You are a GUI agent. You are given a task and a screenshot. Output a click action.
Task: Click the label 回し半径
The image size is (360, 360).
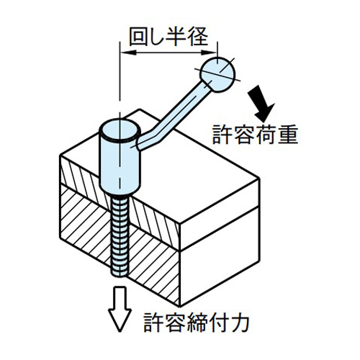click(x=168, y=37)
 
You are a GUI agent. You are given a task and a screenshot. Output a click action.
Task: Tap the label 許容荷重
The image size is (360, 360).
click(x=255, y=135)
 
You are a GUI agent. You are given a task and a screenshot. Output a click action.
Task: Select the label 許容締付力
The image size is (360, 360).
click(x=197, y=322)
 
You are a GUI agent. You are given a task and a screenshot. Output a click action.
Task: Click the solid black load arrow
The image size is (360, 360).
click(x=261, y=104)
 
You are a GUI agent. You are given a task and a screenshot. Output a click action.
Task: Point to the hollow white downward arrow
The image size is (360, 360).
click(x=120, y=308)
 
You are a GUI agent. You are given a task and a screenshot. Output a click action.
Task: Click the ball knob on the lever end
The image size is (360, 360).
click(x=217, y=75)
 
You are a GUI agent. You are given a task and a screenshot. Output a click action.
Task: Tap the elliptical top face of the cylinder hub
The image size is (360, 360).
click(x=120, y=131)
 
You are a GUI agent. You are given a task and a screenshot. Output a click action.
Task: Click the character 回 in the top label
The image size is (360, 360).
click(x=138, y=37)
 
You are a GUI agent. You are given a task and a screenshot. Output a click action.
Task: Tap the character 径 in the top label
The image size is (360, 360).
click(x=199, y=37)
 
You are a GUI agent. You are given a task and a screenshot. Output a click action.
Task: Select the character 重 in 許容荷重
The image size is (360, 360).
click(x=288, y=135)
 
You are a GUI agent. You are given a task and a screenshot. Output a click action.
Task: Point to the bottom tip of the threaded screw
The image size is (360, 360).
click(x=120, y=276)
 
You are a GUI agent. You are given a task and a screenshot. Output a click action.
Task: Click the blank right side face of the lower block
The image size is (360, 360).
click(x=220, y=255)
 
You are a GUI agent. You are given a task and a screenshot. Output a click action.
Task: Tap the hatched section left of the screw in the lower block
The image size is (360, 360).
click(x=86, y=228)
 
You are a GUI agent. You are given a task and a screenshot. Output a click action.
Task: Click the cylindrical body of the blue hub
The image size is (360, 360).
click(x=120, y=166)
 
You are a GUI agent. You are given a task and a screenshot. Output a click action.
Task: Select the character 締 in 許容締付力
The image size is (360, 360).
click(x=197, y=323)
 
